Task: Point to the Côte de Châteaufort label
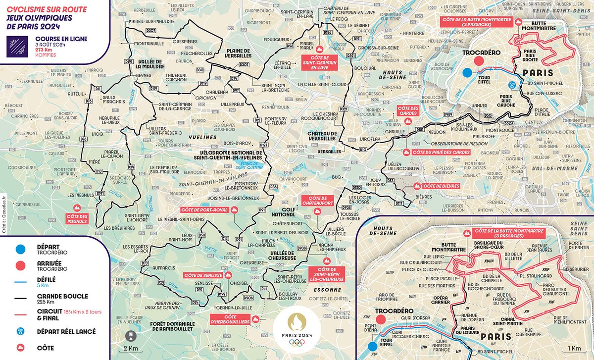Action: (x=317, y=202)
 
